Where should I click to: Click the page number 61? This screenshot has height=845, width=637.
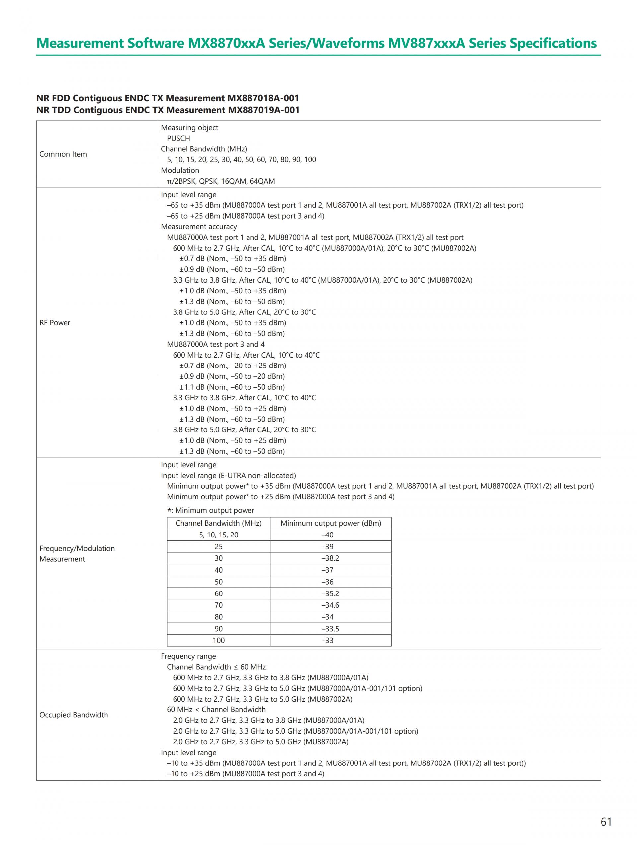(x=606, y=822)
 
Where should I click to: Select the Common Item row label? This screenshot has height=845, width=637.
(x=63, y=154)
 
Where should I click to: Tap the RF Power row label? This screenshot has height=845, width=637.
(x=55, y=323)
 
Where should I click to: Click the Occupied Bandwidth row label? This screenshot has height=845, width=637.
(x=73, y=715)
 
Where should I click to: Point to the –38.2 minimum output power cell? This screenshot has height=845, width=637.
(x=330, y=558)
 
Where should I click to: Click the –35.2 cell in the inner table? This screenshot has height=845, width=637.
(x=330, y=593)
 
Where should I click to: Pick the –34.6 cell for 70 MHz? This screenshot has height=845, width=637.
(x=330, y=605)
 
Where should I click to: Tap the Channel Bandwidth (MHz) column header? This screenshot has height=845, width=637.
(x=218, y=523)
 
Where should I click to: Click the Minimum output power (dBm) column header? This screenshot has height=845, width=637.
(x=331, y=523)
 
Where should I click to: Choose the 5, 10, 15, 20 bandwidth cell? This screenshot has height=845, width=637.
(x=218, y=535)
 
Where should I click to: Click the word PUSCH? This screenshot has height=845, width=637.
(x=178, y=138)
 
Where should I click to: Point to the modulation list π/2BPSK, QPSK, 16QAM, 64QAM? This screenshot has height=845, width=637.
(x=221, y=181)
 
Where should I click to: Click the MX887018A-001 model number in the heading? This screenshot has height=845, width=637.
(x=263, y=98)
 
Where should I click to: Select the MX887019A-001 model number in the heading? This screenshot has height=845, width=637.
(x=263, y=110)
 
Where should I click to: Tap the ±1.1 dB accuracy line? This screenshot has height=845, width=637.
(x=232, y=387)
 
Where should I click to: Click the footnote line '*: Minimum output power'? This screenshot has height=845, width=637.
(x=211, y=510)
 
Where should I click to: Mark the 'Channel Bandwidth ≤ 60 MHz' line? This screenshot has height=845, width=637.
(x=216, y=667)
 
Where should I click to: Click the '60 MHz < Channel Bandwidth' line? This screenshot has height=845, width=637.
(x=216, y=710)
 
